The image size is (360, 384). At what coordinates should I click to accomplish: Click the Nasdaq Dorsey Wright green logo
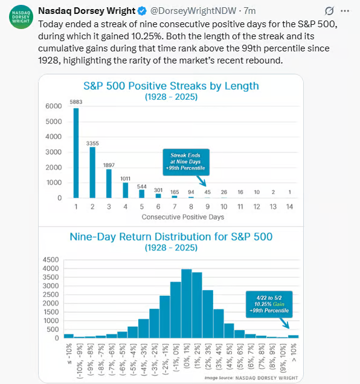(x=21, y=17)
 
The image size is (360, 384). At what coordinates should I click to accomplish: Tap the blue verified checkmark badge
(x=142, y=11)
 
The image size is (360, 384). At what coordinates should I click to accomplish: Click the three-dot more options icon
(x=345, y=11)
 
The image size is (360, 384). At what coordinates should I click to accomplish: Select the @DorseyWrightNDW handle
(x=193, y=11)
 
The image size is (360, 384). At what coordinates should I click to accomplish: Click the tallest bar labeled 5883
(x=76, y=153)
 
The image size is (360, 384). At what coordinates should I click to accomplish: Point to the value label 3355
(x=92, y=143)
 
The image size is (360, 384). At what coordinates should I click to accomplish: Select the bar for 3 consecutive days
(x=109, y=183)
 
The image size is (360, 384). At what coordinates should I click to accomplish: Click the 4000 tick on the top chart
(x=54, y=137)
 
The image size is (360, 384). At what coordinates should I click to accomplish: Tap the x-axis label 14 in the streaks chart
(x=289, y=207)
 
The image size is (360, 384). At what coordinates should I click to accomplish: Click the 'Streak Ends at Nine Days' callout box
(x=186, y=162)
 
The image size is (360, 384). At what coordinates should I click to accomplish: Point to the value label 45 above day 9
(x=207, y=192)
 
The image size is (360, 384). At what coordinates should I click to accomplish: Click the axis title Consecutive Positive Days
(x=183, y=217)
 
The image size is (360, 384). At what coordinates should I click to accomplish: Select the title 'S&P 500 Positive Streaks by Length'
(x=171, y=86)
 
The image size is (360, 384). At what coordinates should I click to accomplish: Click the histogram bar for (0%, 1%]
(x=187, y=304)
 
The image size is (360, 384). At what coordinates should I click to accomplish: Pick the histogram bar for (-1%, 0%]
(x=176, y=310)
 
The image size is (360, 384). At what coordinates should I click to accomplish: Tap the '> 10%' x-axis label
(x=294, y=353)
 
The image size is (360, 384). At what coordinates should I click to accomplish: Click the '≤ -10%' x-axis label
(x=69, y=354)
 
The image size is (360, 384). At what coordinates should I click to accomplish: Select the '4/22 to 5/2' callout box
(x=269, y=304)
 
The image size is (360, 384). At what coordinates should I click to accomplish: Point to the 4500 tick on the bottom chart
(x=51, y=259)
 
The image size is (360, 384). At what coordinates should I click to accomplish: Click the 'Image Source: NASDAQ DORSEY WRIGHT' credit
(x=251, y=378)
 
